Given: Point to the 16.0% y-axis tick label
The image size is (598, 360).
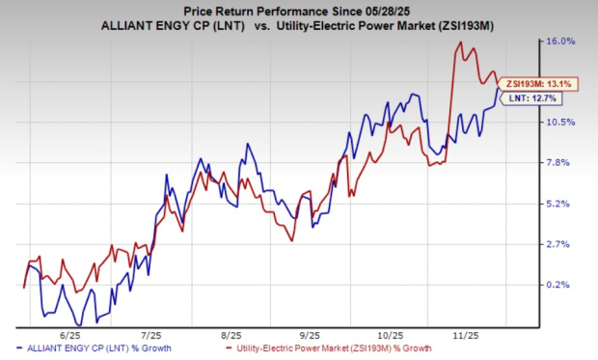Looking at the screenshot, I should [563, 42].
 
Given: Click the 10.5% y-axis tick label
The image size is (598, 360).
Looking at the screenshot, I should [563, 122].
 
